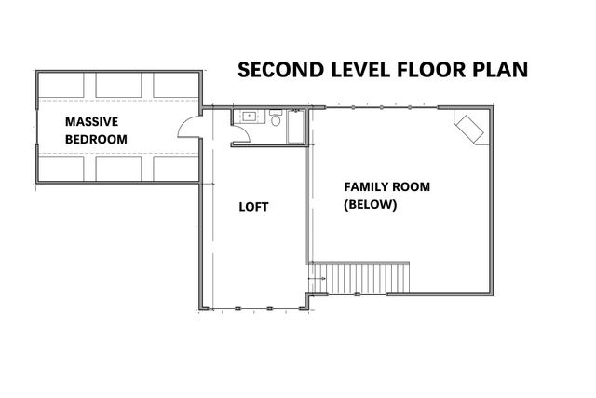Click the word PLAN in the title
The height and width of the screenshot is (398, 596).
click(503, 70)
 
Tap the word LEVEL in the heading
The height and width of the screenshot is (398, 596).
click(359, 70)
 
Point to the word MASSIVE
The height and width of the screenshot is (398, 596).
click(91, 122)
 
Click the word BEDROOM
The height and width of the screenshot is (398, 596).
click(96, 140)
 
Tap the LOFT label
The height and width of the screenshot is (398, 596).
click(253, 207)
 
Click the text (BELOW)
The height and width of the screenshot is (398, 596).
click(370, 204)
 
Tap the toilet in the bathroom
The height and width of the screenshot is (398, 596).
click(276, 120)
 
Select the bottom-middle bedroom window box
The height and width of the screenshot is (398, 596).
click(120, 168)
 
